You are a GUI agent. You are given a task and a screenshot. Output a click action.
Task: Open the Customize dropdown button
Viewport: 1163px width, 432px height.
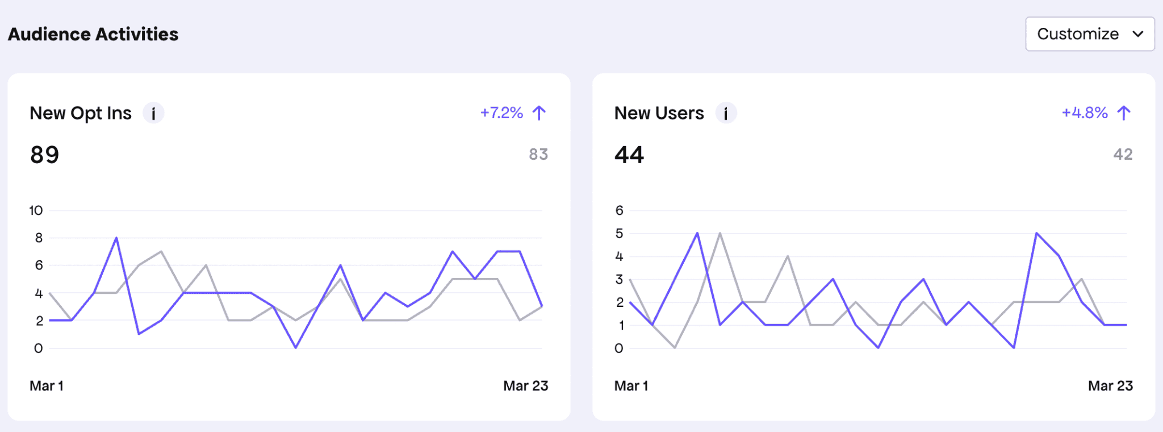1089,34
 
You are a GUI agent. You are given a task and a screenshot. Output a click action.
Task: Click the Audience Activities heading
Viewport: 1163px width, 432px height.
93,34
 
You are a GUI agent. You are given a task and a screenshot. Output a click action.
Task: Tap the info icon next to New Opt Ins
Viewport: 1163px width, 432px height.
153,113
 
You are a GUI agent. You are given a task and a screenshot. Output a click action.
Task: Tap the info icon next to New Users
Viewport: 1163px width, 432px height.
726,113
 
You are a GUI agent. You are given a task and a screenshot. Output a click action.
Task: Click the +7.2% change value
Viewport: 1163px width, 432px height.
501,113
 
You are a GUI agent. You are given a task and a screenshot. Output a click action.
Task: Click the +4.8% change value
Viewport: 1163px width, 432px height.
1085,113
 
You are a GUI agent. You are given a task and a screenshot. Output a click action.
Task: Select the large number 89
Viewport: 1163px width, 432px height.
45,155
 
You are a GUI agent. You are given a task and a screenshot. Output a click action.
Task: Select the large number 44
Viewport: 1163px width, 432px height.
629,155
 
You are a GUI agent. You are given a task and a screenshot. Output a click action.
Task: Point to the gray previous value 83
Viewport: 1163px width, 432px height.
538,154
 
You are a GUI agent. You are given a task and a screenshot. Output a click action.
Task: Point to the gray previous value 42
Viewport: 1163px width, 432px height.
1123,154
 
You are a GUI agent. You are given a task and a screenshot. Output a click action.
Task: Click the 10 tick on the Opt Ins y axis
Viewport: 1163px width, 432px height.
36,210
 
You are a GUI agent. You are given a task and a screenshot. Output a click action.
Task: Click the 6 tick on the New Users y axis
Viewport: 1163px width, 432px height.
619,210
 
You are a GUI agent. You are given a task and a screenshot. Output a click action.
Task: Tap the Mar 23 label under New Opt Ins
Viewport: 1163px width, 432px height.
525,385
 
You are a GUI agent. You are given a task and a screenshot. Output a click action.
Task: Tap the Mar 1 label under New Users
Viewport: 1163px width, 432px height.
631,385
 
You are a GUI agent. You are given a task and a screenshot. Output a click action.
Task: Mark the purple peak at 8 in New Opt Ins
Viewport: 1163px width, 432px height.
116,238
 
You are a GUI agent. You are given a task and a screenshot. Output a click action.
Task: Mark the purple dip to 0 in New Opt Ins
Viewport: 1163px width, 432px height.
296,347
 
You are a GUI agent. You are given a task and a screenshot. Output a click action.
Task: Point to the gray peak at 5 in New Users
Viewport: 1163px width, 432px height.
720,234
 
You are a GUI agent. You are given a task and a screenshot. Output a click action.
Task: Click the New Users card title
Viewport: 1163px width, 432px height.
659,113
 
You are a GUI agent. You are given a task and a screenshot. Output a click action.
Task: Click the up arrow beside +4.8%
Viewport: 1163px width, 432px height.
1124,113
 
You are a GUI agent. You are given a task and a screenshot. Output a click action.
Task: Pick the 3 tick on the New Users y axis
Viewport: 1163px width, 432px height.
619,279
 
